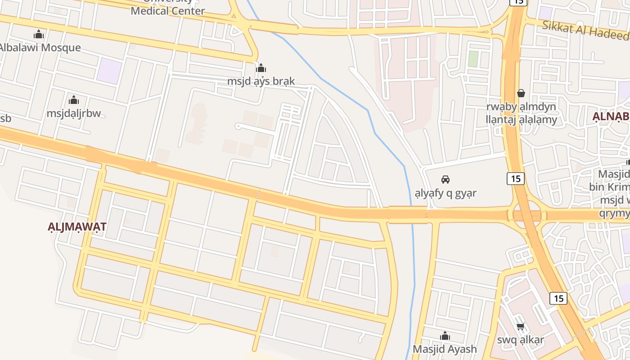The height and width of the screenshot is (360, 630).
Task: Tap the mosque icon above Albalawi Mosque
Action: point(39,34)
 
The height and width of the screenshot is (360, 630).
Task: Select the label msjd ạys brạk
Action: point(261,81)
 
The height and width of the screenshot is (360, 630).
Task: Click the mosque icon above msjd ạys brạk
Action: point(261,68)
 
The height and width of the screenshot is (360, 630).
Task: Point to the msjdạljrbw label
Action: point(74,113)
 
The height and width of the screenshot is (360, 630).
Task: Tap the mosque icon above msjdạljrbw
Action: point(74,100)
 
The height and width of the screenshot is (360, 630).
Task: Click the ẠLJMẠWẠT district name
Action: point(77,226)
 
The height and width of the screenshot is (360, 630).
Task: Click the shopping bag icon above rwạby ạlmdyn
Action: point(521,93)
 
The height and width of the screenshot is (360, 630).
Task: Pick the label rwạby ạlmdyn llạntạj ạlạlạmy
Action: point(521,113)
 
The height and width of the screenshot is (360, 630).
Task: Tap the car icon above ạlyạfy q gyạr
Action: point(445,180)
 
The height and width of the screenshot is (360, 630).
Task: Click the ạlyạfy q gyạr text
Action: point(445,193)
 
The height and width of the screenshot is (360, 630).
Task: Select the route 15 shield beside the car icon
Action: point(516,179)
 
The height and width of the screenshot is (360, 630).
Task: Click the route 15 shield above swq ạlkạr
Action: point(558,298)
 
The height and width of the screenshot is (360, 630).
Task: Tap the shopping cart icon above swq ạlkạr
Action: point(521,326)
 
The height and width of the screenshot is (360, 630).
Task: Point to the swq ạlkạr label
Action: point(521,340)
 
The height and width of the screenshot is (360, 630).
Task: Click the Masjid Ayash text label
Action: point(445,349)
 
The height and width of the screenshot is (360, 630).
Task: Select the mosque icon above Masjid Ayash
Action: point(445,336)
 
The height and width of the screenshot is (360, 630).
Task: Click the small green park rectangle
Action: point(473,59)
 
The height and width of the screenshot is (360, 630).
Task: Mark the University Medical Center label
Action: point(168,10)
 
